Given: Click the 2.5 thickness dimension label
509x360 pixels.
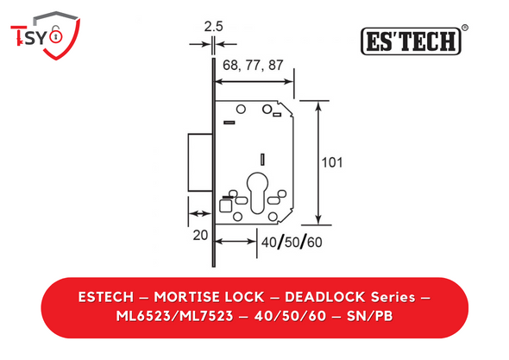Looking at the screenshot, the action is [x=213, y=27].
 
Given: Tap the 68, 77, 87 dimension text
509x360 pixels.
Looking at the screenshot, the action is [x=253, y=66].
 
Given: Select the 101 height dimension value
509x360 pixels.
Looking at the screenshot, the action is [x=332, y=162].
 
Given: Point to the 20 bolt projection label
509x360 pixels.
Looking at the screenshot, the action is [x=200, y=235].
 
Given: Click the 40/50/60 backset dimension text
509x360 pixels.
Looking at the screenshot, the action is [x=292, y=242].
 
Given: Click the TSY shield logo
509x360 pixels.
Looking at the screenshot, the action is [x=45, y=35].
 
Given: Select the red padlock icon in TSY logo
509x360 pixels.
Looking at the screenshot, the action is [x=56, y=35].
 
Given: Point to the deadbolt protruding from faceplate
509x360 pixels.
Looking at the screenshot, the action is [x=200, y=162].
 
